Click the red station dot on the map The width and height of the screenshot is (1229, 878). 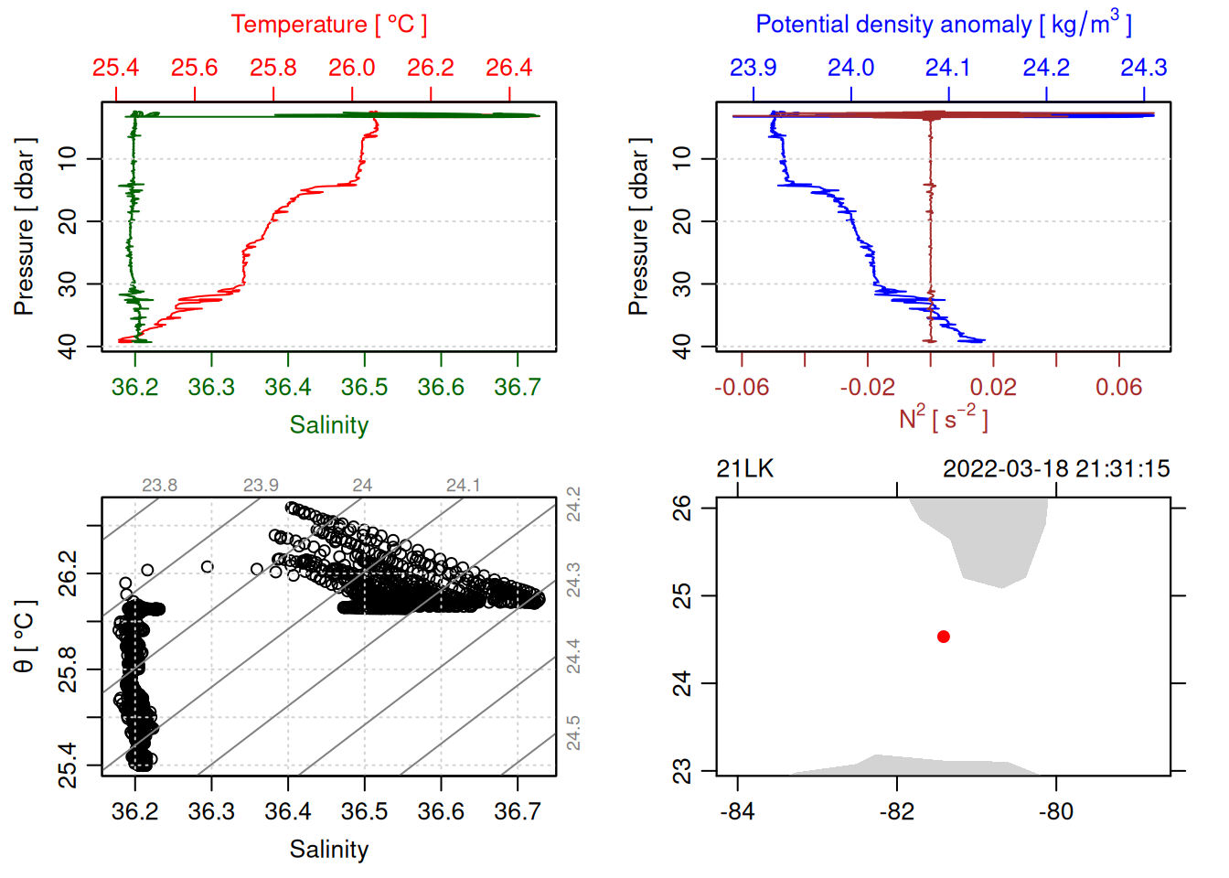coord(944,637)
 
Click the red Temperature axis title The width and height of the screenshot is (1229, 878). coord(328,25)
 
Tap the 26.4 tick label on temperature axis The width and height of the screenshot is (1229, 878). coord(508,68)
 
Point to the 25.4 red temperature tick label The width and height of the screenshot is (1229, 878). coord(116,68)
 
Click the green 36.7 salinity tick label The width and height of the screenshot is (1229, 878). coord(518,388)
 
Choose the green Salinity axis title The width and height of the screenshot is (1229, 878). coord(328,425)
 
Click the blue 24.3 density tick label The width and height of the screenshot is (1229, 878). coord(1144,68)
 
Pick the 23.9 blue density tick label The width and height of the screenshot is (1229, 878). coord(753,68)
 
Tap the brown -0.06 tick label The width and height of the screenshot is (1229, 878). coord(741,388)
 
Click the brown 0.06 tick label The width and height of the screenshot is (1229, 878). coord(1118,388)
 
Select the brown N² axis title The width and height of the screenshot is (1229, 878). coord(944,419)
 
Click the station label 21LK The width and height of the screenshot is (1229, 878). coord(744,469)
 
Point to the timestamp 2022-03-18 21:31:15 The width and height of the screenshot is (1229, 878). coord(1056,469)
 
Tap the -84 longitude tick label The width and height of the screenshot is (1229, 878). coord(737,812)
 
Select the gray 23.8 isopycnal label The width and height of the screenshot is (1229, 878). coord(159,486)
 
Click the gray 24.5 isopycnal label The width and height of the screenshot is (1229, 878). coord(573,733)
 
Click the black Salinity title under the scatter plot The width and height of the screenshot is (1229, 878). coord(328,850)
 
